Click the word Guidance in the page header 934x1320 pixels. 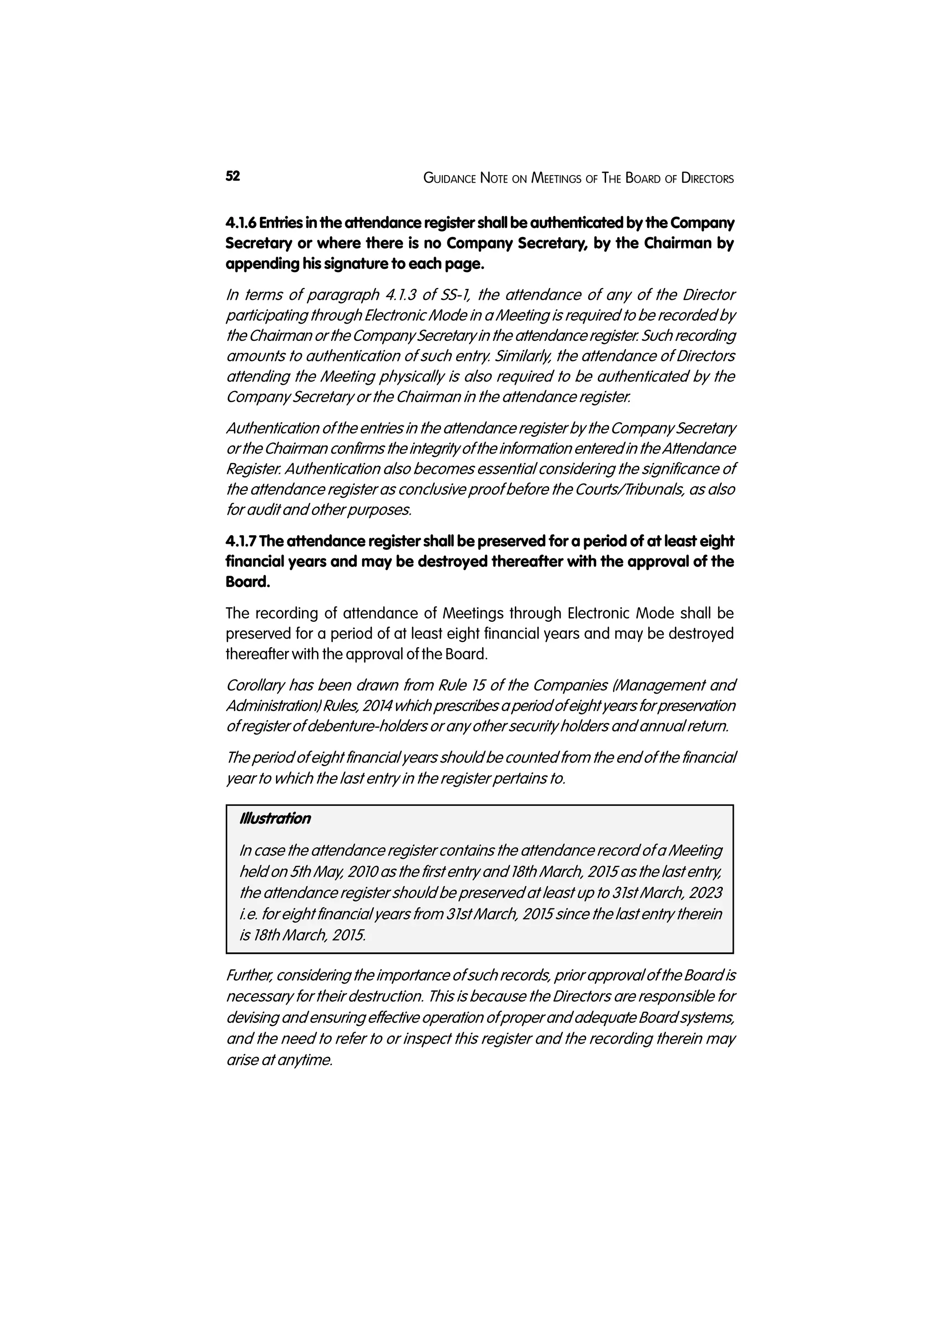pos(449,178)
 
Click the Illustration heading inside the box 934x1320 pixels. pos(275,818)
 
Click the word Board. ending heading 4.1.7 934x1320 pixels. pos(247,582)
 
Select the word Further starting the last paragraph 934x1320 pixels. pos(250,975)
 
